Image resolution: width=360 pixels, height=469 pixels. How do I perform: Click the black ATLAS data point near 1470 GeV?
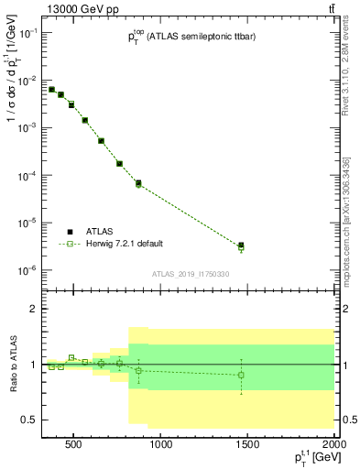241,245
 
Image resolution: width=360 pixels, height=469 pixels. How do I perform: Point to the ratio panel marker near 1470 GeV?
241,375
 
